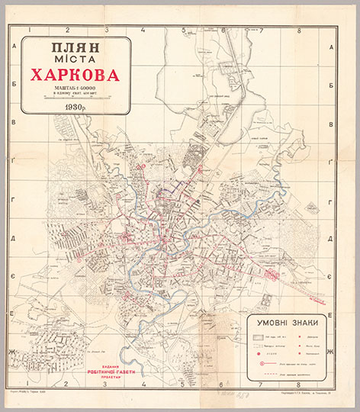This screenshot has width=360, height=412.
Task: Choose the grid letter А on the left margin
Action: coord(13,47)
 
